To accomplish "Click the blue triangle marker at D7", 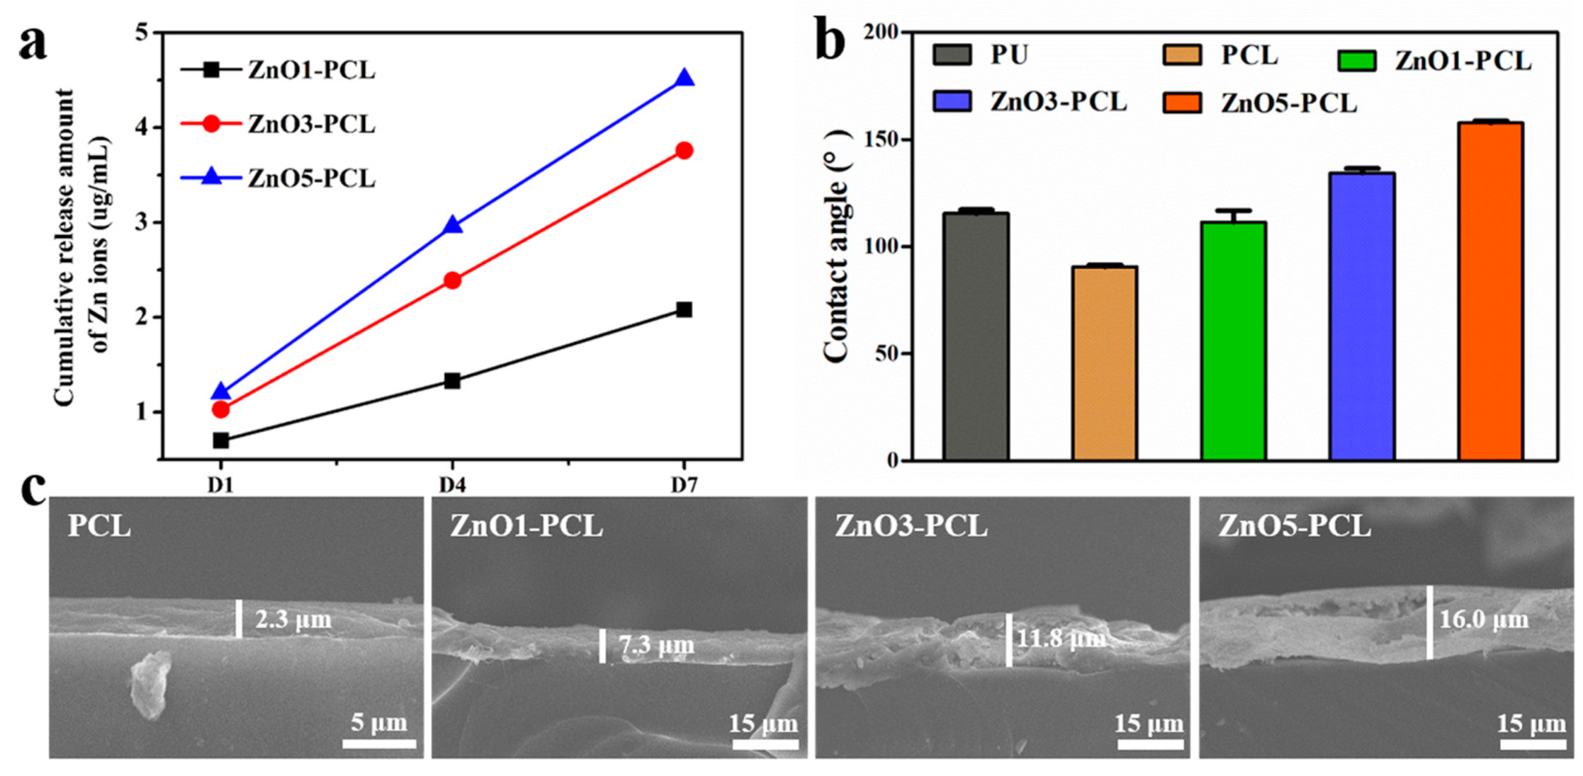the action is coord(684,78).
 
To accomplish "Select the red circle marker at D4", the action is coord(453,281).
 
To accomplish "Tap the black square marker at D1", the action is coord(221,441).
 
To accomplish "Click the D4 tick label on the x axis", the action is coord(453,485).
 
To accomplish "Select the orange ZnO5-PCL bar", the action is coord(1491,291).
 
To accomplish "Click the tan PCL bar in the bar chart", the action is coord(1105,363).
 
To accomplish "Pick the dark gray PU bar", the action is coord(976,337).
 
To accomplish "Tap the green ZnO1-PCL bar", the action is coord(1233,341).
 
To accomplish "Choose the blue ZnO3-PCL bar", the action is coord(1362,316).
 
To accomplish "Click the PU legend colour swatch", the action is coord(952,55).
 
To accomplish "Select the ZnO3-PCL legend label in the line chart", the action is coord(312,124).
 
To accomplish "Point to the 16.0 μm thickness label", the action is coord(1484,619).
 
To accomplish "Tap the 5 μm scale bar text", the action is coord(379,723).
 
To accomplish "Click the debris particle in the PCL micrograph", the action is coord(149,684).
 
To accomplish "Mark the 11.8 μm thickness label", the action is coord(1059,639).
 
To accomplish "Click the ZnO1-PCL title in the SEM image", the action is coord(527,526).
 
